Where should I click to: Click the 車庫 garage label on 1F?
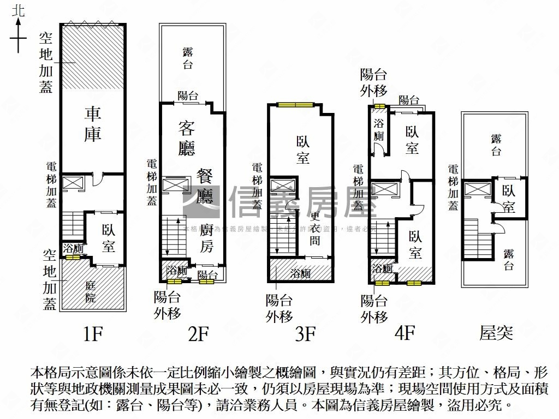tap(93, 125)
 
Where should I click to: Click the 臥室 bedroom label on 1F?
tap(108, 238)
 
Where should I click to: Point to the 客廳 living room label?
tap(187, 138)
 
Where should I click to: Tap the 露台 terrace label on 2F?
tap(188, 58)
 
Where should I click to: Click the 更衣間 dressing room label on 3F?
tap(316, 228)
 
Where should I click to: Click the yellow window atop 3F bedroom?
tap(294, 105)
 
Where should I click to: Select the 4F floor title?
tap(405, 332)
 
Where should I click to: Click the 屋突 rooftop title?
tap(496, 332)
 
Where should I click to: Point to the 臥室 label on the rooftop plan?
tap(509, 199)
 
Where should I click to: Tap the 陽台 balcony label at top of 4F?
tap(409, 100)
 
